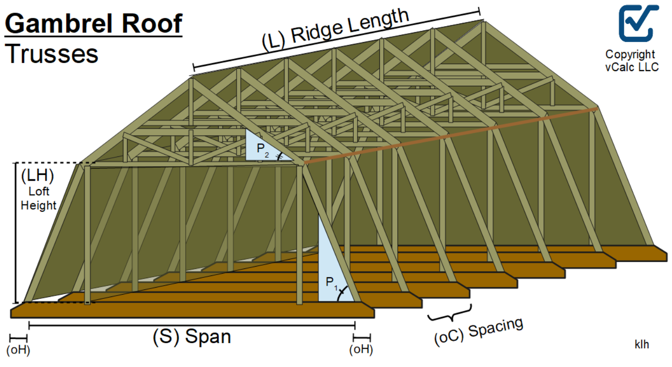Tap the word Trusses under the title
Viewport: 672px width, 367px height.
click(52, 53)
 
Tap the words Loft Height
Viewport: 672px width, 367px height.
click(38, 198)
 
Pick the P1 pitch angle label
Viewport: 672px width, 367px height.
click(332, 282)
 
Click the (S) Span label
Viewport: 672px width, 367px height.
click(192, 336)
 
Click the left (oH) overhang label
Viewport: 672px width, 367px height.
click(18, 350)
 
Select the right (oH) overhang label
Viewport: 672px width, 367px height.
click(361, 350)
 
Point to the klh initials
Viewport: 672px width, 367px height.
click(641, 345)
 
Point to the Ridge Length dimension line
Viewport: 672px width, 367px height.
click(336, 41)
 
